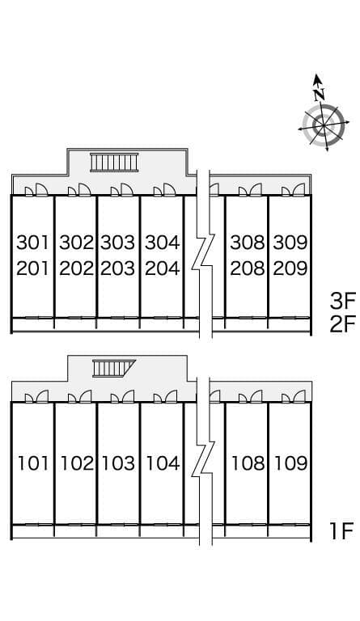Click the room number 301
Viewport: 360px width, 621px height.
pyautogui.click(x=33, y=243)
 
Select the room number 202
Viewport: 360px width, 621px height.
pyautogui.click(x=76, y=268)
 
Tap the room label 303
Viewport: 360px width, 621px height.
pyautogui.click(x=118, y=243)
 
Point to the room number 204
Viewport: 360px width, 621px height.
pyautogui.click(x=163, y=268)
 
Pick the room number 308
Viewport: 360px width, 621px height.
pyautogui.click(x=248, y=243)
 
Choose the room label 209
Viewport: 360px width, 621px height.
pyautogui.click(x=290, y=268)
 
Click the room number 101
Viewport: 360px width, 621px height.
pyautogui.click(x=33, y=463)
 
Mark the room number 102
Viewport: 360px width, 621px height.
pyautogui.click(x=77, y=463)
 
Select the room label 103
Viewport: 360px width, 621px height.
pyautogui.click(x=119, y=463)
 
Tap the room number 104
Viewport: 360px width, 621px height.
pyautogui.click(x=163, y=463)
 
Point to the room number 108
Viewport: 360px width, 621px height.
pyautogui.click(x=248, y=463)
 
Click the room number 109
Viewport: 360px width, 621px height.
pyautogui.click(x=291, y=463)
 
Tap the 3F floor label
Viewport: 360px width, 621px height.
pyautogui.click(x=343, y=301)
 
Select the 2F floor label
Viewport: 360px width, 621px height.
pyautogui.click(x=343, y=325)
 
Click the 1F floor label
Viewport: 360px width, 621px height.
pyautogui.click(x=341, y=531)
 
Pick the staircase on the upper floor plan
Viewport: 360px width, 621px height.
pyautogui.click(x=114, y=163)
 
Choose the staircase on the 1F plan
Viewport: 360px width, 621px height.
pyautogui.click(x=114, y=369)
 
